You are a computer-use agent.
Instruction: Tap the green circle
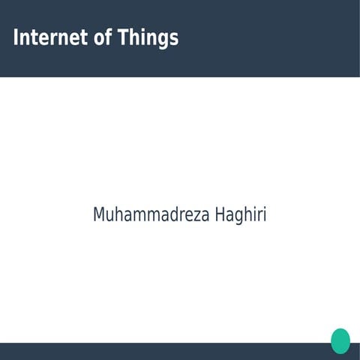point(340,340)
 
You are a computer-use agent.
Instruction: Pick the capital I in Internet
point(16,37)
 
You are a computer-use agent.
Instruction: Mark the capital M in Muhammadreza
point(99,214)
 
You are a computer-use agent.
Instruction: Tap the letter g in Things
point(162,40)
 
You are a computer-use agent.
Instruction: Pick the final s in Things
point(173,39)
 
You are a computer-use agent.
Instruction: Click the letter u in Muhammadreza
point(109,215)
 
